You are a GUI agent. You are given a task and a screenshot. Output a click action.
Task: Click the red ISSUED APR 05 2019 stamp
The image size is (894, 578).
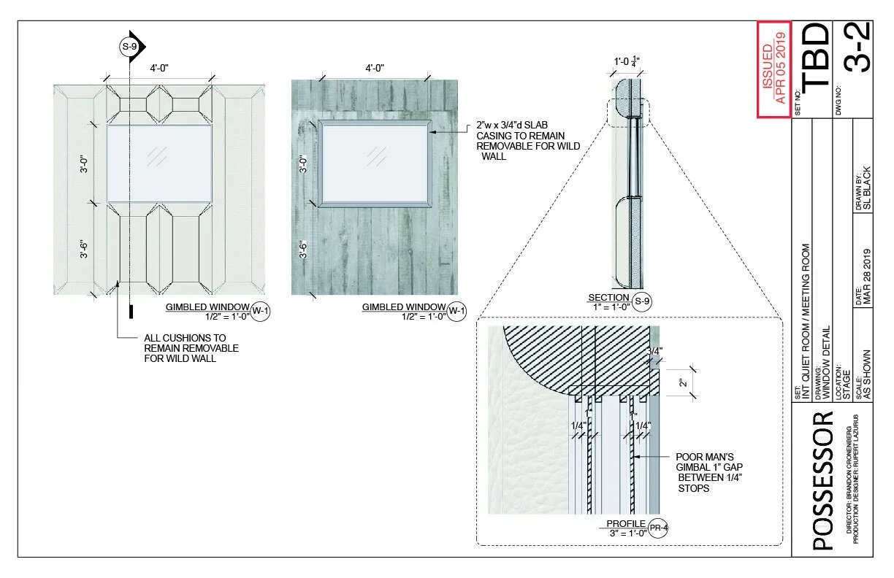click(774, 69)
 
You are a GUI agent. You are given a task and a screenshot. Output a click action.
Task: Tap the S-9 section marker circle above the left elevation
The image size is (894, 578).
click(129, 47)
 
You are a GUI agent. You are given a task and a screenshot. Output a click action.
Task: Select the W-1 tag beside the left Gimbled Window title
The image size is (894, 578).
click(261, 311)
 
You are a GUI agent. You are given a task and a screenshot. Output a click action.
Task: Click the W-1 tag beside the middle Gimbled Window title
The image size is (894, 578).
click(456, 311)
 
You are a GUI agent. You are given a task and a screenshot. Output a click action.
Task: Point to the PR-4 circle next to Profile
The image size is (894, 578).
click(658, 528)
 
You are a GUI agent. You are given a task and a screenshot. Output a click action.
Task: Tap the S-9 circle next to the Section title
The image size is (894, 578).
click(642, 301)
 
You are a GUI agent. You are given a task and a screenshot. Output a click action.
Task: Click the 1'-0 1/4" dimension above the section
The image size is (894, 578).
click(627, 62)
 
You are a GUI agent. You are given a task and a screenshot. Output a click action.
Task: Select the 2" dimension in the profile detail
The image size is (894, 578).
click(683, 383)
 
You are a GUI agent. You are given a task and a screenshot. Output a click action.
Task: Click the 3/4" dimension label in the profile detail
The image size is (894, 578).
click(654, 352)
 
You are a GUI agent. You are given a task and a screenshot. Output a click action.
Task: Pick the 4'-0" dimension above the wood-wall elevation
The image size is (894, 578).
click(375, 68)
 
